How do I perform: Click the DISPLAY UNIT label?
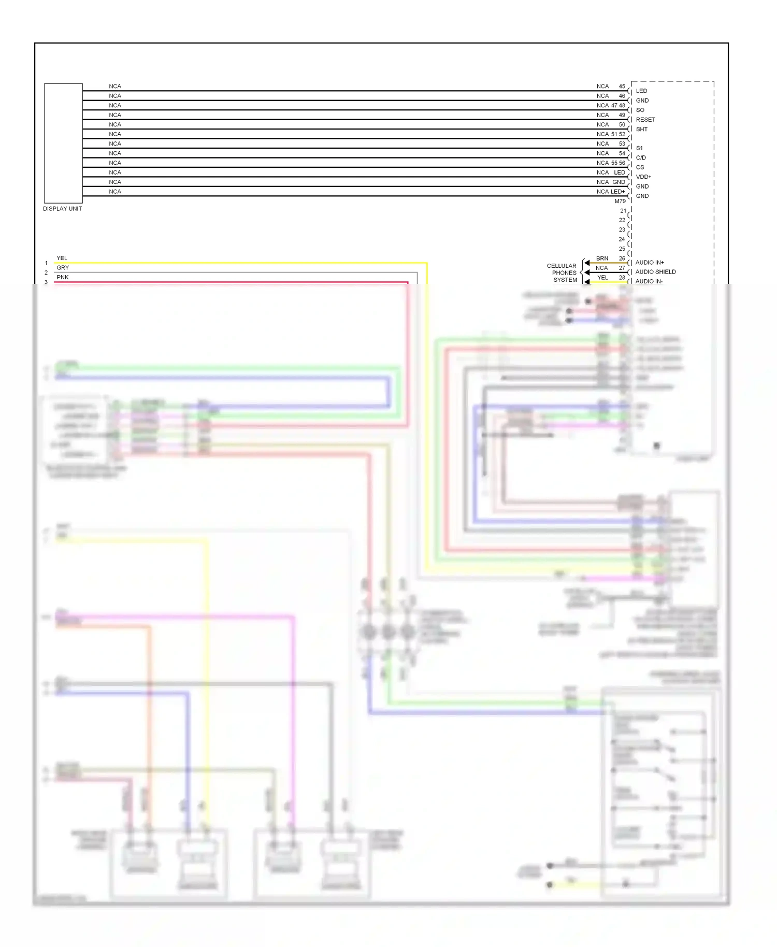pyautogui.click(x=62, y=209)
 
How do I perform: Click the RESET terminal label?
pyautogui.click(x=645, y=120)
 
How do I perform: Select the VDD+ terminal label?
pyautogui.click(x=643, y=177)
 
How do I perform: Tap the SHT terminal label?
pyautogui.click(x=642, y=130)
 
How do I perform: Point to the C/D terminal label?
pyautogui.click(x=641, y=158)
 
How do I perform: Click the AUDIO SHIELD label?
pyautogui.click(x=655, y=272)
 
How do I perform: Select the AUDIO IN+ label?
pyautogui.click(x=650, y=263)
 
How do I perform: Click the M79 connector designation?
pyautogui.click(x=620, y=202)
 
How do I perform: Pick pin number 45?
pyautogui.click(x=622, y=87)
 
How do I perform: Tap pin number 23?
pyautogui.click(x=622, y=230)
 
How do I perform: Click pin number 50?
pyautogui.click(x=622, y=125)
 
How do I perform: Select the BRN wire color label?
pyautogui.click(x=602, y=259)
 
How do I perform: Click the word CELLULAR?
pyautogui.click(x=562, y=266)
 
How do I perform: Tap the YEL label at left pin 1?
pyautogui.click(x=62, y=259)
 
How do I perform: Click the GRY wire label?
pyautogui.click(x=63, y=268)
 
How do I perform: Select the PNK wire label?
pyautogui.click(x=63, y=278)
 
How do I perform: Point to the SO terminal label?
pyautogui.click(x=640, y=110)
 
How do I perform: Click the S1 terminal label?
pyautogui.click(x=639, y=148)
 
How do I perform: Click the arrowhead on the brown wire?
pyautogui.click(x=587, y=263)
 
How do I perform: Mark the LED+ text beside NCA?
pyautogui.click(x=617, y=192)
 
